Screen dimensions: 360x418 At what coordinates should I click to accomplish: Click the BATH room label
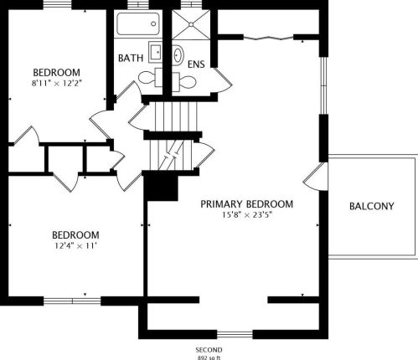pyautogui.click(x=130, y=59)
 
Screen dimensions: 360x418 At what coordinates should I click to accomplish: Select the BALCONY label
pyautogui.click(x=372, y=206)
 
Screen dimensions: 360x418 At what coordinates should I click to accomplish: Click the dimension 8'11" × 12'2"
pyautogui.click(x=57, y=83)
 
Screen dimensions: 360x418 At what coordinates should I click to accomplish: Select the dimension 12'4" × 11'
pyautogui.click(x=75, y=246)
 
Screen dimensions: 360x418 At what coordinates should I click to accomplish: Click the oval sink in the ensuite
pyautogui.click(x=179, y=54)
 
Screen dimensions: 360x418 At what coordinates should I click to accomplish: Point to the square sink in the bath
pyautogui.click(x=156, y=52)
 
